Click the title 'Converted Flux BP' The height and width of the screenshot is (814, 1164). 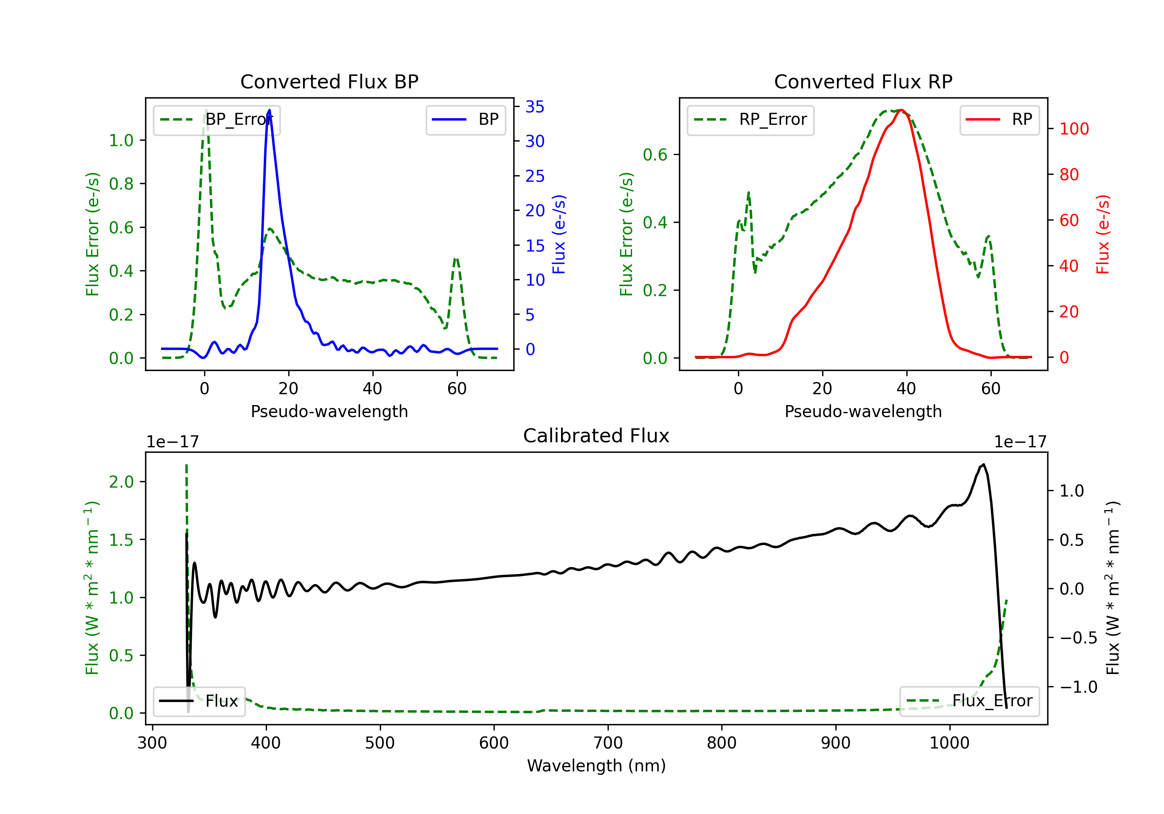click(329, 81)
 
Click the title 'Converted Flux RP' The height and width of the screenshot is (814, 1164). click(863, 81)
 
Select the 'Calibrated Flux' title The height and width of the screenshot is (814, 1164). click(596, 436)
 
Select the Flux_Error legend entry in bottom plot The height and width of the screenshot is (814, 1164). click(969, 701)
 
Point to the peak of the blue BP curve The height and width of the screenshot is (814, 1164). click(269, 110)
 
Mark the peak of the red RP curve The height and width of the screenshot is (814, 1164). click(901, 110)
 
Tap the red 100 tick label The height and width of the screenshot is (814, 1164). click(1074, 129)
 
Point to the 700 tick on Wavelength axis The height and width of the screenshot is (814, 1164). click(608, 743)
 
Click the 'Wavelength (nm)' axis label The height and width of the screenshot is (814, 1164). click(596, 766)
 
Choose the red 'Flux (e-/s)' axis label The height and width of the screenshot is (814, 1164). click(1103, 234)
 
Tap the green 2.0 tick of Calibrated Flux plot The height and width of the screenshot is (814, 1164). click(122, 482)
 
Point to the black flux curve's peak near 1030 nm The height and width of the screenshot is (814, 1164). click(984, 464)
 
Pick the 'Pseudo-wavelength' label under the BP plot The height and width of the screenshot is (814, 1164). click(329, 411)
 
